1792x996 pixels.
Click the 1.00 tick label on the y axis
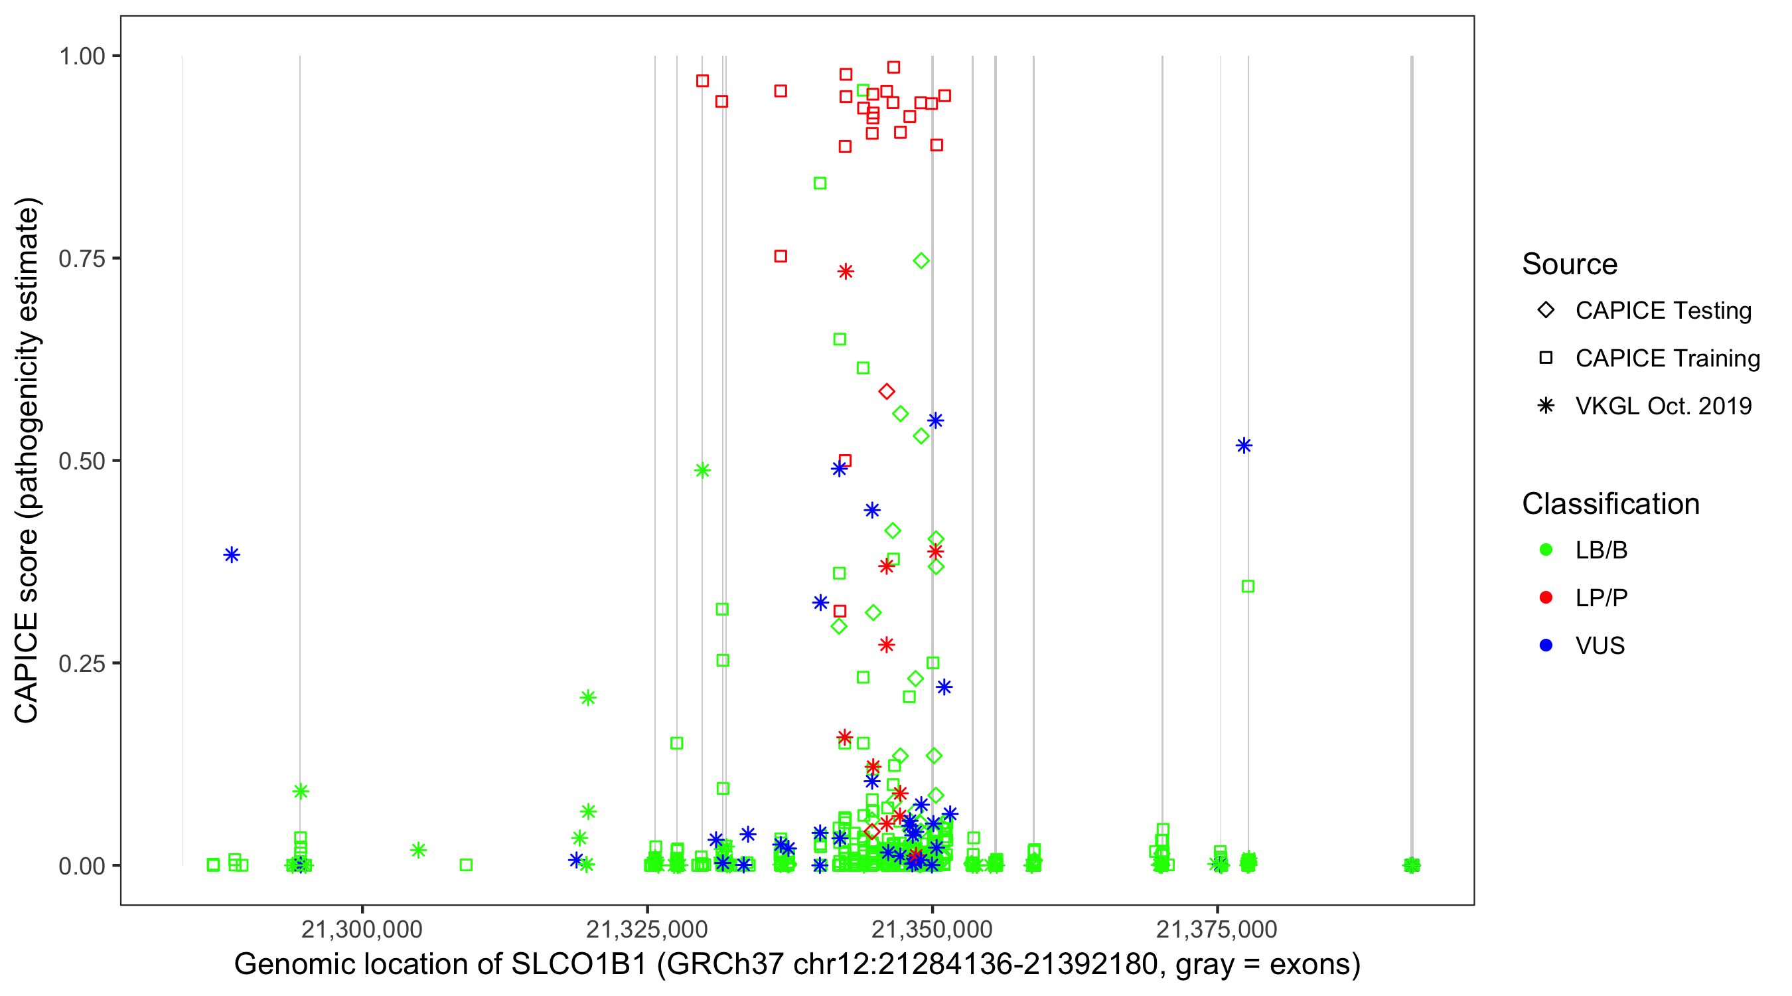point(82,56)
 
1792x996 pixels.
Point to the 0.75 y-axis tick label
point(82,259)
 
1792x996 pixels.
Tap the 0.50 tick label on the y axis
point(82,461)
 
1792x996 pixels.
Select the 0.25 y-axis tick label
point(82,663)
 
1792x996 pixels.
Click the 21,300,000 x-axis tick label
point(362,929)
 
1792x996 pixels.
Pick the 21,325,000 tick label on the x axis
point(647,929)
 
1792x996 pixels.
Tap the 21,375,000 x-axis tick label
point(1217,929)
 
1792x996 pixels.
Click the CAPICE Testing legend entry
point(1663,311)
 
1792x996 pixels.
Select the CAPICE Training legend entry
point(1667,359)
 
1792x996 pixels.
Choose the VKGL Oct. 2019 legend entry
point(1663,406)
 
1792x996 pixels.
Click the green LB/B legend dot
point(1546,550)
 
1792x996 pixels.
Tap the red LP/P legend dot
point(1546,598)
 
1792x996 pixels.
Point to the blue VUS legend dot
point(1546,646)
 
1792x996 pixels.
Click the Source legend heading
point(1570,264)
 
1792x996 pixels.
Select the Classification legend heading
point(1610,504)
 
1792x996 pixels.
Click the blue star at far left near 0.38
point(232,554)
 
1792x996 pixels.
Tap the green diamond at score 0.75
point(921,261)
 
